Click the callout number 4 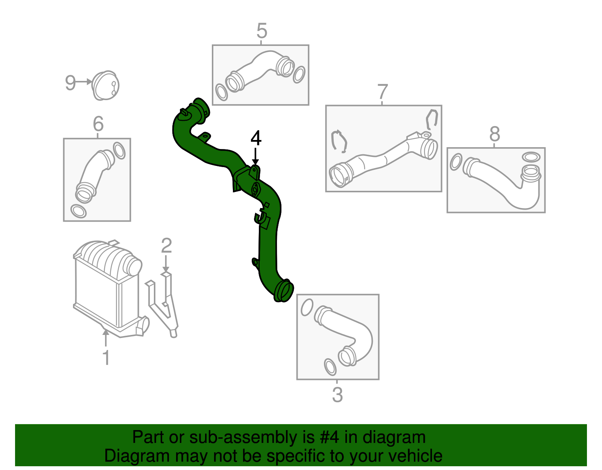pos(256,138)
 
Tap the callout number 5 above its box pos(261,31)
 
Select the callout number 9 pos(70,83)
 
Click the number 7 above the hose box pos(382,92)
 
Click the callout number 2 pos(166,246)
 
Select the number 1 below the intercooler pos(106,357)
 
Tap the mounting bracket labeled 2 pos(164,305)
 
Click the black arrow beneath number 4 pos(255,156)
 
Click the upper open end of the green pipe pos(201,108)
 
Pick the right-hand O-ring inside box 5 pos(299,75)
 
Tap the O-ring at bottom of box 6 pos(78,211)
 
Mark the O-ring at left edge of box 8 pos(456,161)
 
